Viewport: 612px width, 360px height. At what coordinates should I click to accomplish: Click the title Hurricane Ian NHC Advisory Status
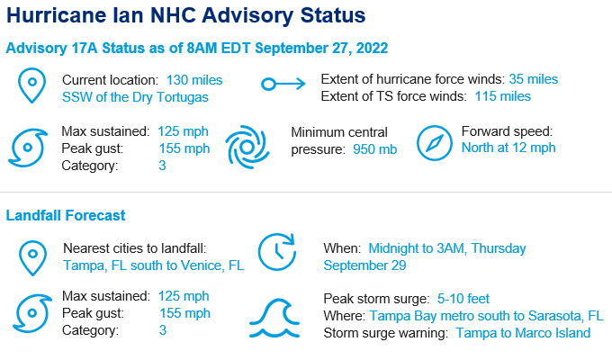point(185,15)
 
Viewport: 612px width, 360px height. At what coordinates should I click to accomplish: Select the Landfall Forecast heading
point(66,215)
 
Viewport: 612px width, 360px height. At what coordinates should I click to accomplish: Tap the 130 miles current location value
point(194,80)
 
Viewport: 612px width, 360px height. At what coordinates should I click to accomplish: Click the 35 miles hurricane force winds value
point(533,79)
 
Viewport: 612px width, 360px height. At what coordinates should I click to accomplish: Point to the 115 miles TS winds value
point(503,96)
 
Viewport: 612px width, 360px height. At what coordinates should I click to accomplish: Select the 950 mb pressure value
point(374,149)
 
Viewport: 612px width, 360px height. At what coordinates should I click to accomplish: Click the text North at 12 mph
point(508,148)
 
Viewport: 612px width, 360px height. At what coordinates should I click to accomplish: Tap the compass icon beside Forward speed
point(435,143)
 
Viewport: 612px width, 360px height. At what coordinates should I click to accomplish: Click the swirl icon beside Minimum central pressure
point(247,147)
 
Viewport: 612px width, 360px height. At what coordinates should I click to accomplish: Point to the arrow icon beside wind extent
point(283,84)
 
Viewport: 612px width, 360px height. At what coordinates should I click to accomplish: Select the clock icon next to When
point(277,252)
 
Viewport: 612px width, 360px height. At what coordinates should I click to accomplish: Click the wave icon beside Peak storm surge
point(274,318)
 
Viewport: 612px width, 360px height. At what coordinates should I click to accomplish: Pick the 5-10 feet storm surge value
point(463,299)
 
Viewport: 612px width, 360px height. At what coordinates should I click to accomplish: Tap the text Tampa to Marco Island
point(523,333)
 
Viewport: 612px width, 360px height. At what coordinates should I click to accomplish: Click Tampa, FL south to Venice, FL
point(153,265)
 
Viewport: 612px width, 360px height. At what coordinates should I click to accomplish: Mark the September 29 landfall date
point(364,265)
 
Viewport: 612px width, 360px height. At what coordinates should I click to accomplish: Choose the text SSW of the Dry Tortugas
point(135,97)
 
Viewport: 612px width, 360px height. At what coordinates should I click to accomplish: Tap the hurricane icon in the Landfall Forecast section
point(32,313)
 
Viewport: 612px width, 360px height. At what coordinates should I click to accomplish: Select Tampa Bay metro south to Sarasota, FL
point(486,316)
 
